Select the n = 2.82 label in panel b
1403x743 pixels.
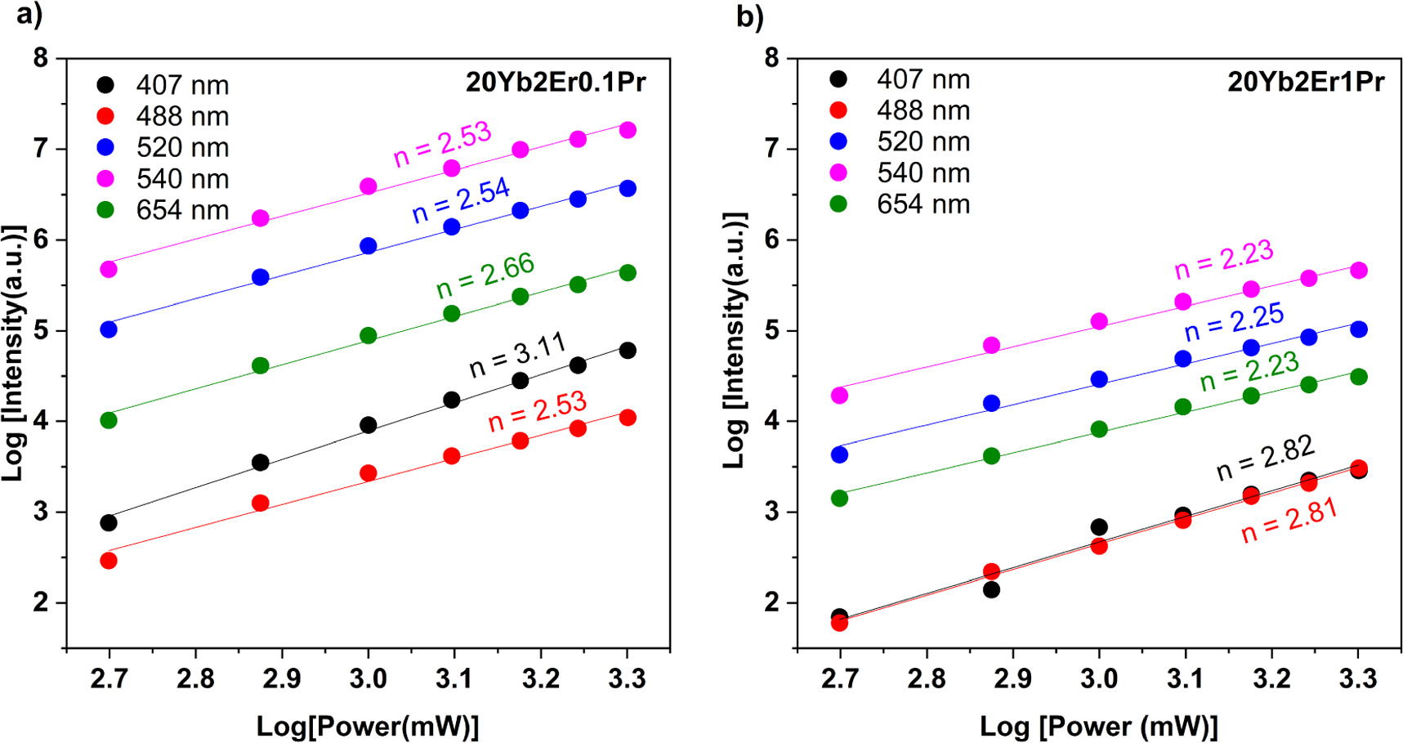(x=1265, y=458)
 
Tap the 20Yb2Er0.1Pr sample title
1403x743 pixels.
(x=556, y=83)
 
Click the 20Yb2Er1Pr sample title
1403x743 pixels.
(x=1306, y=83)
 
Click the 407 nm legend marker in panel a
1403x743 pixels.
(x=105, y=85)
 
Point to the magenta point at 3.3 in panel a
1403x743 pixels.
(x=628, y=130)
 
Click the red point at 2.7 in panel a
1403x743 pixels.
(x=109, y=561)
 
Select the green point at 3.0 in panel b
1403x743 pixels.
(x=1099, y=429)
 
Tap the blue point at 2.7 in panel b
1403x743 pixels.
(x=839, y=454)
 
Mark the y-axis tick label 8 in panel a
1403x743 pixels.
(x=40, y=58)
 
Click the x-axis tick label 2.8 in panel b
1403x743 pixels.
(x=926, y=678)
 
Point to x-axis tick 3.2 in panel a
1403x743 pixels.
(x=541, y=678)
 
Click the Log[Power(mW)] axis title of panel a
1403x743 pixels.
(x=368, y=726)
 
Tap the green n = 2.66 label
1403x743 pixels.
(x=485, y=275)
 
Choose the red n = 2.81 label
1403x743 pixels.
(x=1289, y=521)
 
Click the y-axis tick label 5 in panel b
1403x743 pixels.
(x=771, y=331)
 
